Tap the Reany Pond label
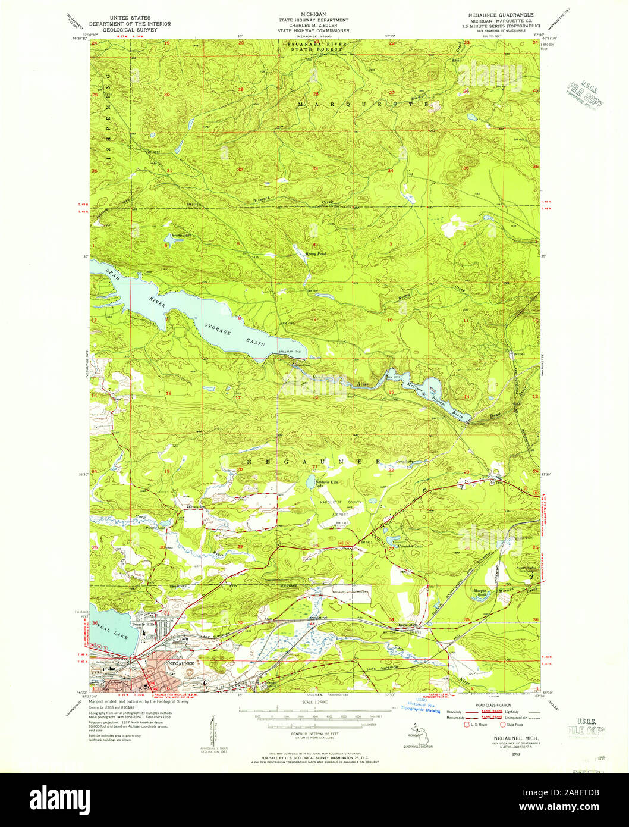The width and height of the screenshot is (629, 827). click(316, 254)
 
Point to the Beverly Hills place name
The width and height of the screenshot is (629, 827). click(143, 624)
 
